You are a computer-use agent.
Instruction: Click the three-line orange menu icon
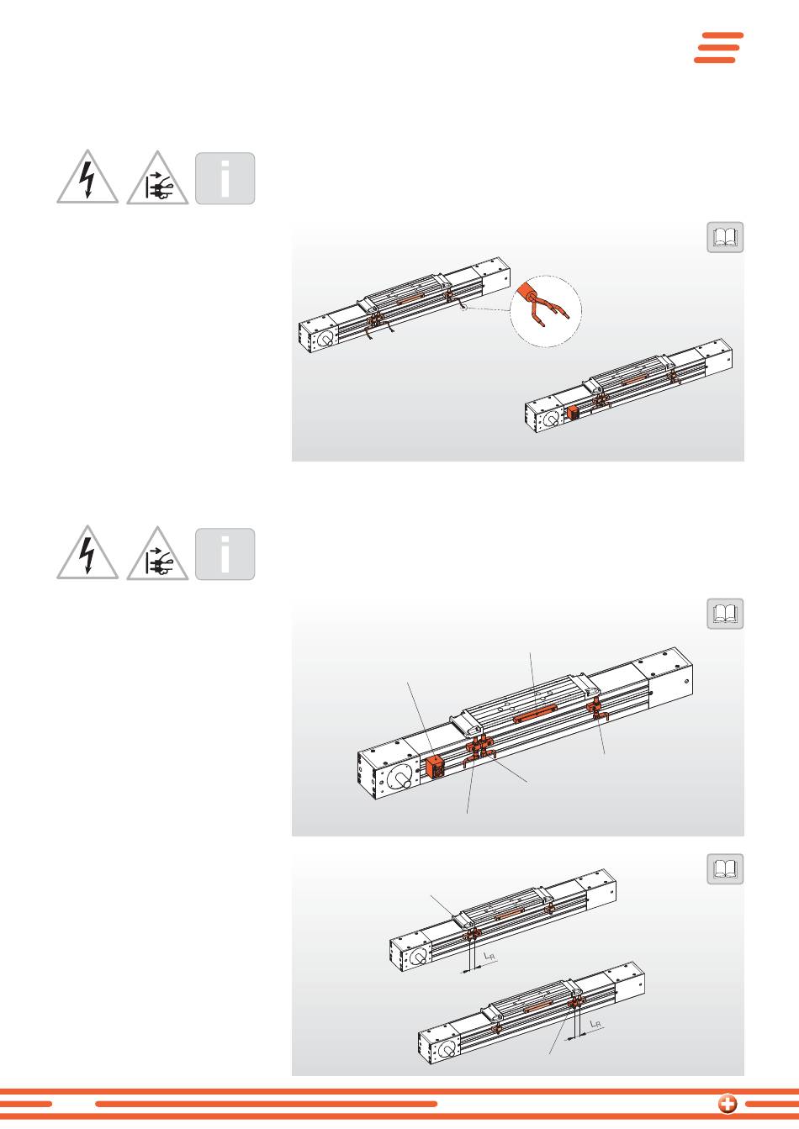719,48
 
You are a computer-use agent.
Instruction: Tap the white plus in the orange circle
727,1103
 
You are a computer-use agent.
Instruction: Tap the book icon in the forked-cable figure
725,237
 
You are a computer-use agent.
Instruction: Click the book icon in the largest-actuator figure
725,614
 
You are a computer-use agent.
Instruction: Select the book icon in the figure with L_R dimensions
725,869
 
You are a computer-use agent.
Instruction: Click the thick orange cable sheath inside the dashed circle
528,293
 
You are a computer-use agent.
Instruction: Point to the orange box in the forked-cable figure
573,413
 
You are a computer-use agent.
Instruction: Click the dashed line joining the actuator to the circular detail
488,309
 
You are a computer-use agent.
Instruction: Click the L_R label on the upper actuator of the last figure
489,956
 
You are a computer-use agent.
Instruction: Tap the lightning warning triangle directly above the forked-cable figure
87,177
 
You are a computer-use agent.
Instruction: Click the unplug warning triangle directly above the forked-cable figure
157,177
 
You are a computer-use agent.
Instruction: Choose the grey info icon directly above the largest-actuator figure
225,554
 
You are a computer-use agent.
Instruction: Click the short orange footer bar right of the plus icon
772,1104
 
